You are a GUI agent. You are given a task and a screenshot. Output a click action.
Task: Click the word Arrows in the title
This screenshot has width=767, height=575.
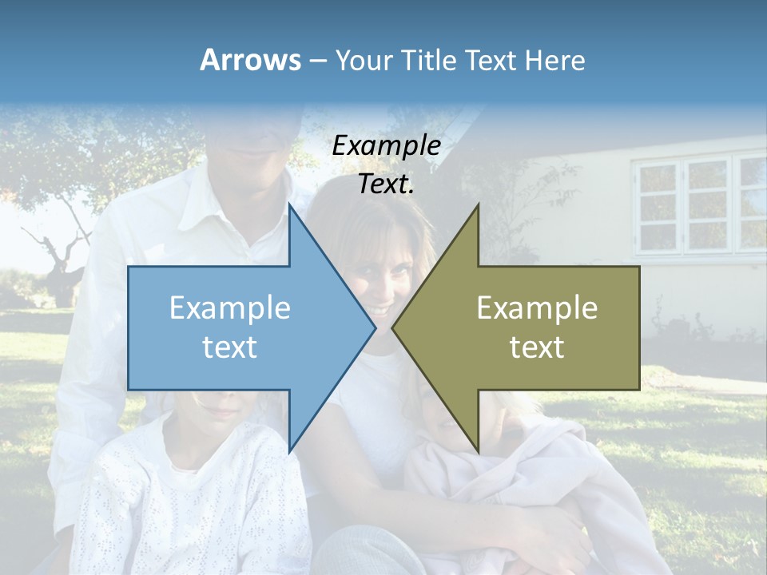point(250,60)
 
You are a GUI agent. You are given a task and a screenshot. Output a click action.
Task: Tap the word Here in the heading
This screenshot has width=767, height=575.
point(554,60)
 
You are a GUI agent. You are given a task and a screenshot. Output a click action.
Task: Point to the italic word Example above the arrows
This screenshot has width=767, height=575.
point(386,145)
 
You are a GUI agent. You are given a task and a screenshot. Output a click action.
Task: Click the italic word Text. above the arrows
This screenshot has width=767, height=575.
point(386,184)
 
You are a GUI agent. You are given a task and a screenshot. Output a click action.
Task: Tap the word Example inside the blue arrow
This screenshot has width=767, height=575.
point(230,307)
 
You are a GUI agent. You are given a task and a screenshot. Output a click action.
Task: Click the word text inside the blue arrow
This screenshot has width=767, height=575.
point(230,347)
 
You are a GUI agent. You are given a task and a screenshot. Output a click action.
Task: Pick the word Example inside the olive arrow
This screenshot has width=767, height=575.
point(537,307)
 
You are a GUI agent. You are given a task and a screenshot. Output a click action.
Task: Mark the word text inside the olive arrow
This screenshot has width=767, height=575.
point(537,347)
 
